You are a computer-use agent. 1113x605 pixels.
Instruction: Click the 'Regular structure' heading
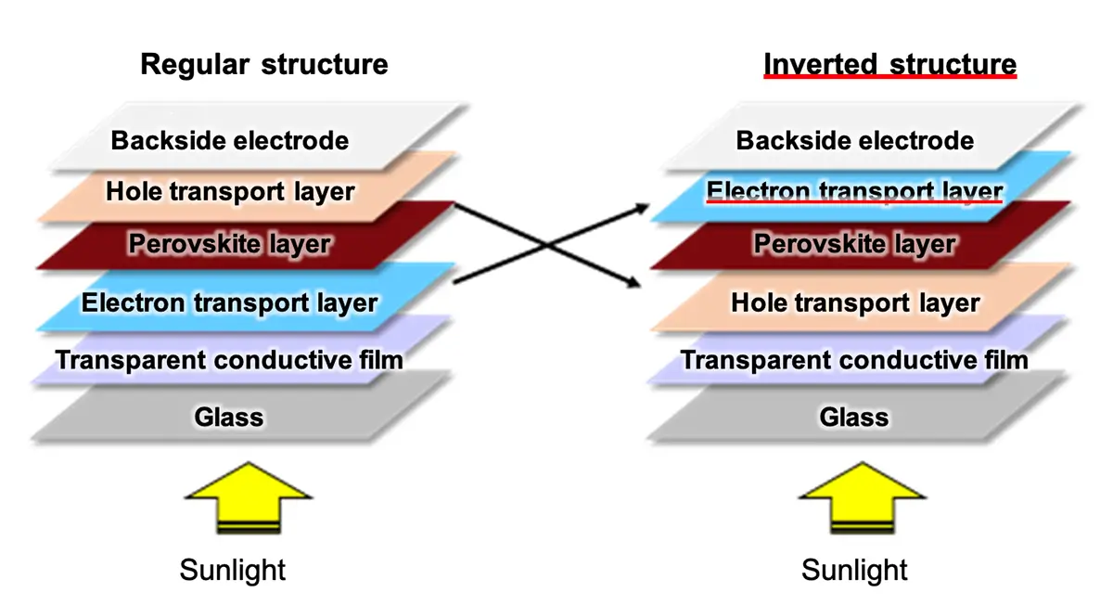[264, 64]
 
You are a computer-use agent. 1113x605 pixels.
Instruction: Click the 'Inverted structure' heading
[889, 64]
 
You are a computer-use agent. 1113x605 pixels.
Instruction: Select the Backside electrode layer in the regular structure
[230, 140]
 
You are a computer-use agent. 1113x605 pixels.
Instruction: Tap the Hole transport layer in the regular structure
[230, 192]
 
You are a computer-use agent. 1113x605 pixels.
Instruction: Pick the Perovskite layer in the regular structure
[230, 245]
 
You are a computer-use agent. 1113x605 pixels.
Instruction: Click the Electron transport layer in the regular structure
[229, 302]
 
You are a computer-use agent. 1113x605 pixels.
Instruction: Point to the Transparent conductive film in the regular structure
[229, 359]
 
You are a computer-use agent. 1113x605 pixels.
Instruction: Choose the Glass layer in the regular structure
[229, 417]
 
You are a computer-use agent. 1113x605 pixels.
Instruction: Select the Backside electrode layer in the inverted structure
[855, 140]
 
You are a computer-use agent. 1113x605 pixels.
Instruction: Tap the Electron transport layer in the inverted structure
[855, 192]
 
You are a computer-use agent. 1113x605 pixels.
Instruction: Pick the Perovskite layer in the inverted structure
[855, 245]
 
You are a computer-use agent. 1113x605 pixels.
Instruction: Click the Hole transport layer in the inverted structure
[855, 302]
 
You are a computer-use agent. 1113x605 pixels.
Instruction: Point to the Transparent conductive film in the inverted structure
[855, 359]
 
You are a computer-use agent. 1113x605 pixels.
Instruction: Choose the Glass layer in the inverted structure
[854, 417]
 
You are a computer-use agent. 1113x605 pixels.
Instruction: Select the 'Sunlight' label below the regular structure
[233, 570]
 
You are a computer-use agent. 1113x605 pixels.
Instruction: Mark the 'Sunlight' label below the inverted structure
[855, 570]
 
